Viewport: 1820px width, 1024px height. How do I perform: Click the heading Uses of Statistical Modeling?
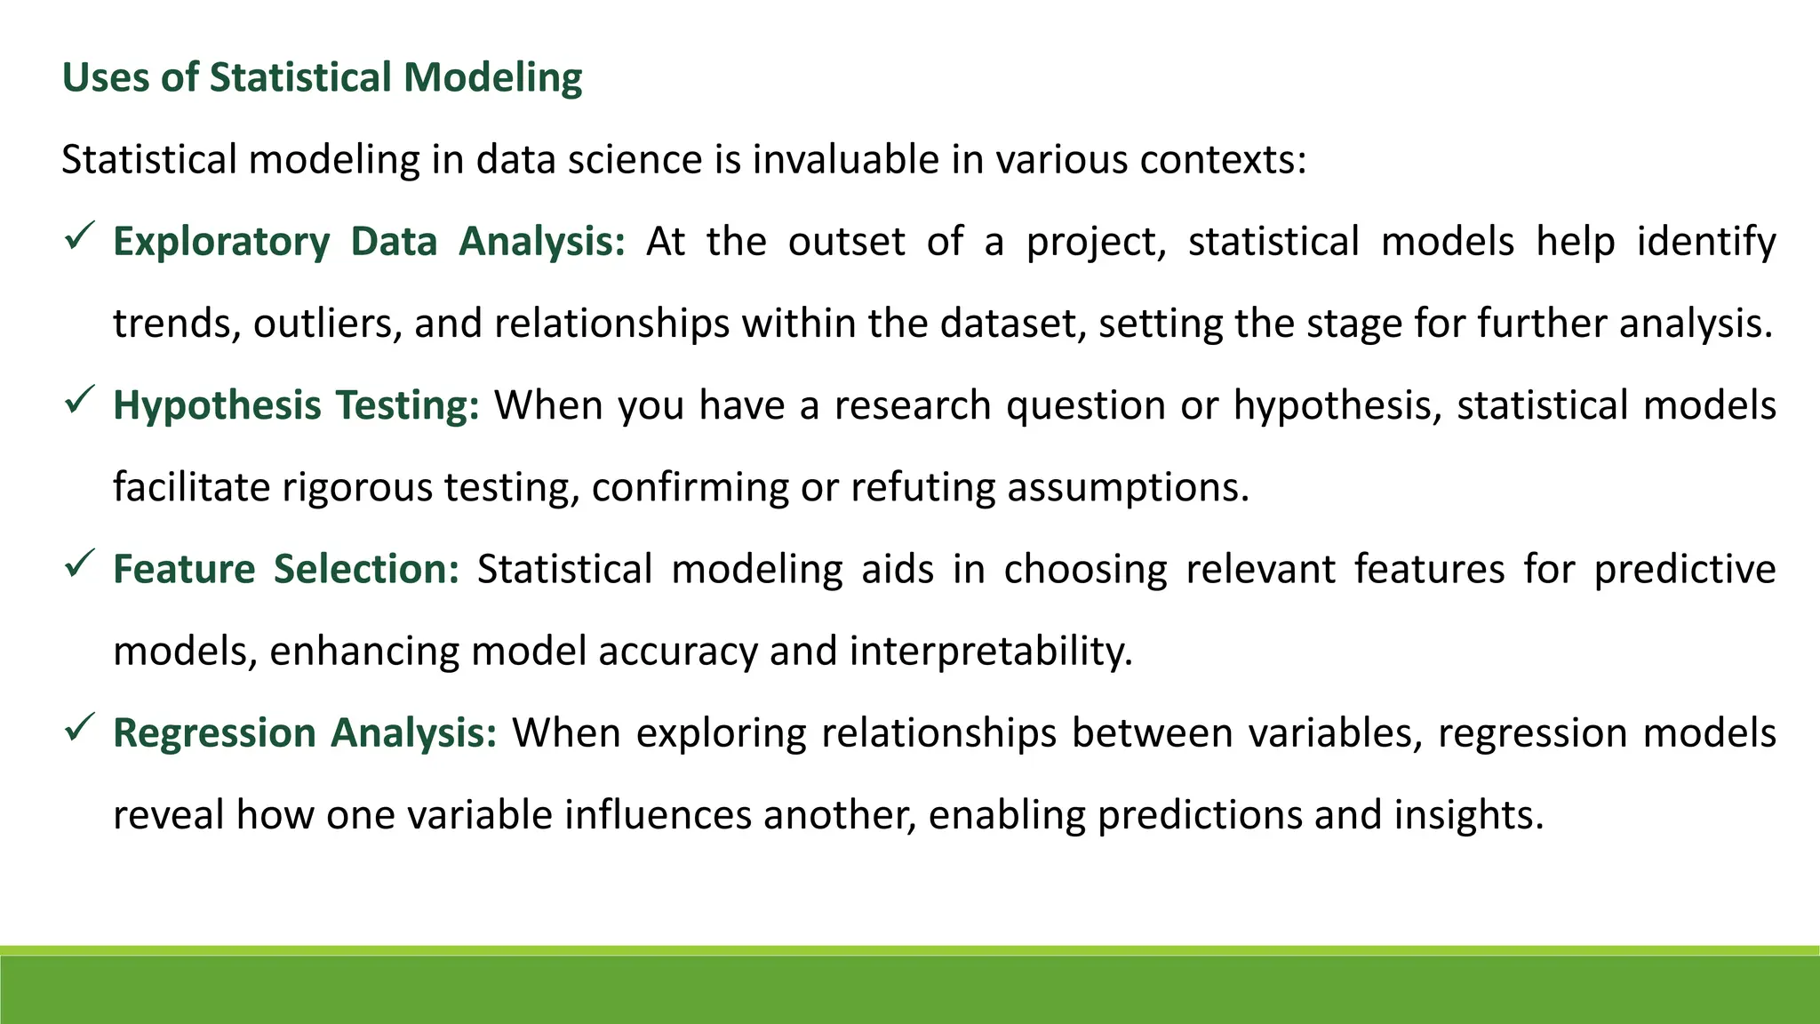click(x=322, y=77)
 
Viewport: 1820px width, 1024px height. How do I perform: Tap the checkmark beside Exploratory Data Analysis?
click(x=80, y=237)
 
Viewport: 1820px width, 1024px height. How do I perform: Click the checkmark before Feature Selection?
click(x=80, y=564)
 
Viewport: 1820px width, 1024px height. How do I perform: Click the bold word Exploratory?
click(x=221, y=242)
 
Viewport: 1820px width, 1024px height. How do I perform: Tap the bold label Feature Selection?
click(x=286, y=569)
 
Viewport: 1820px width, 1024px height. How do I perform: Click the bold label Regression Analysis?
click(x=305, y=733)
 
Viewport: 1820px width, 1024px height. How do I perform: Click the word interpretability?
click(x=991, y=652)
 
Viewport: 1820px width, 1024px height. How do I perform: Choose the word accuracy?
click(x=677, y=652)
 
